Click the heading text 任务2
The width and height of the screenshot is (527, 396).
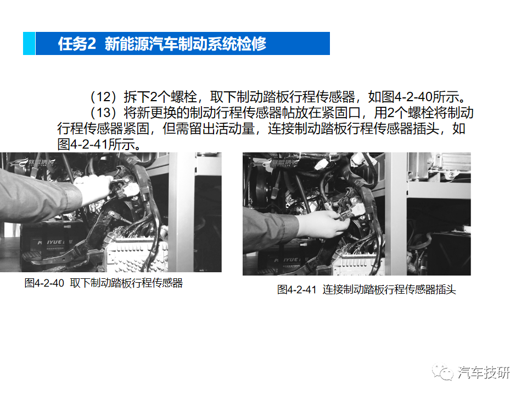[77, 44]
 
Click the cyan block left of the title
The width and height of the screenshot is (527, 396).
[29, 43]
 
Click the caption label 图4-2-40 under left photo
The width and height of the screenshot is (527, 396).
[44, 284]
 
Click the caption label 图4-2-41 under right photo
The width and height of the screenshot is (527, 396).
[297, 290]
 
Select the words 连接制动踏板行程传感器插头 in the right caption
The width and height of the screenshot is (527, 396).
[389, 290]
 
